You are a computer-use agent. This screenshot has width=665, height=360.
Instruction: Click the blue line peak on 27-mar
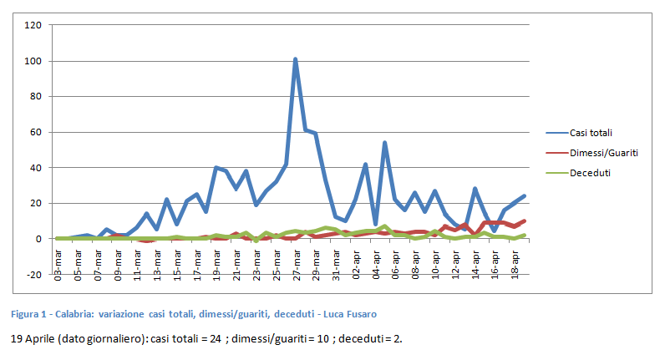click(x=296, y=59)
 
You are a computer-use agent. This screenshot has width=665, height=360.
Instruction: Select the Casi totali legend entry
click(x=593, y=133)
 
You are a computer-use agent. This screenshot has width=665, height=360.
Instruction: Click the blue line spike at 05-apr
click(x=385, y=143)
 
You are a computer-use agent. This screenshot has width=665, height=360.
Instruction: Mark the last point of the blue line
click(x=524, y=196)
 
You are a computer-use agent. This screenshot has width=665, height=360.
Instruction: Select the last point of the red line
click(x=524, y=221)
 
